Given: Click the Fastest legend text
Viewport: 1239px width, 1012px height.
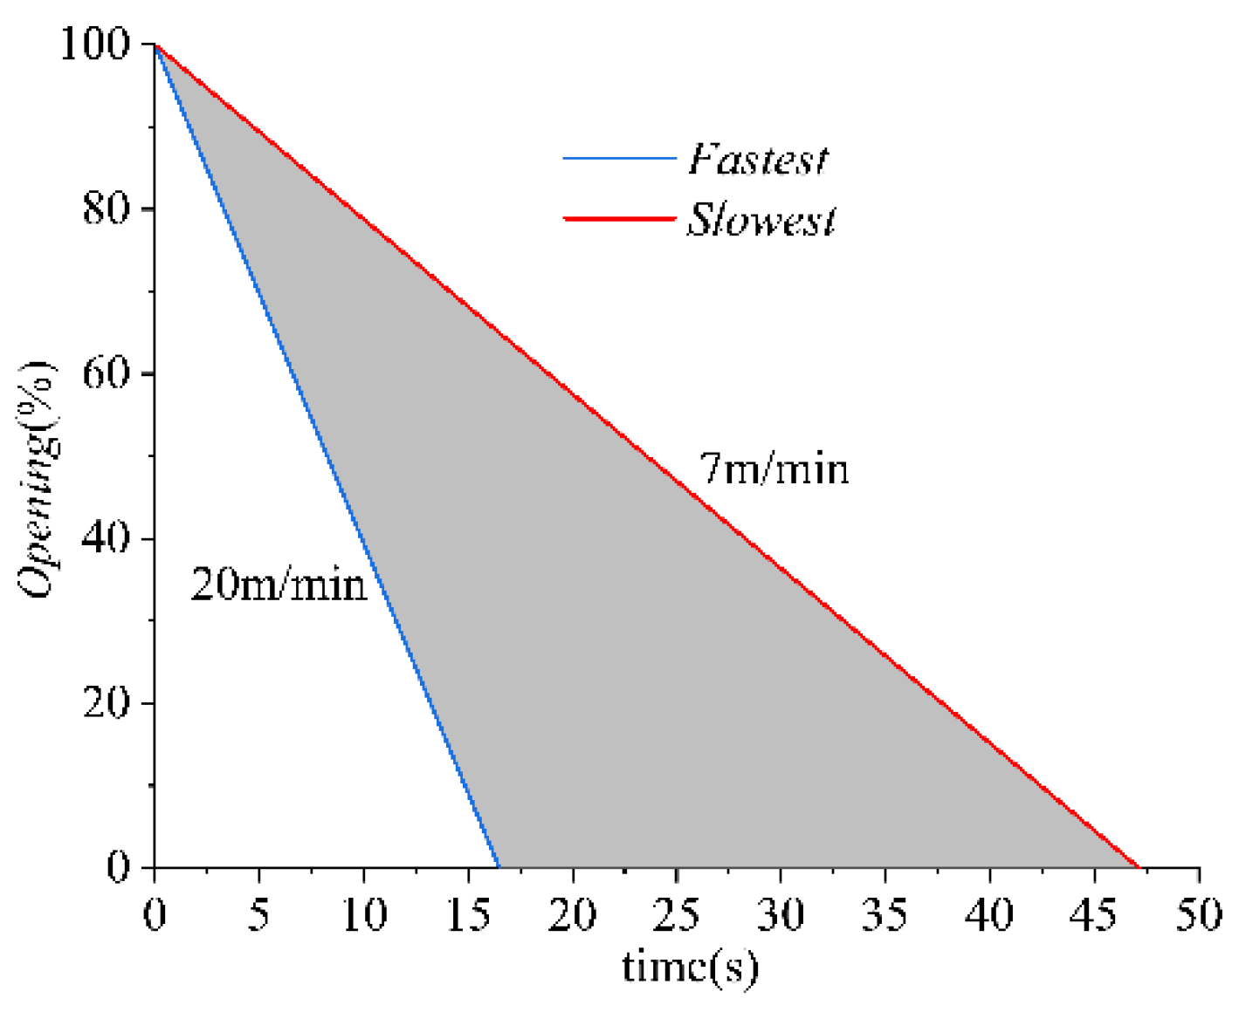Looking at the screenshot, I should click(757, 160).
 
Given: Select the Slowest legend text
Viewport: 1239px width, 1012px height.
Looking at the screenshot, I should click(761, 219).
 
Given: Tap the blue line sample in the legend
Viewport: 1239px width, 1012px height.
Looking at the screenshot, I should click(619, 159).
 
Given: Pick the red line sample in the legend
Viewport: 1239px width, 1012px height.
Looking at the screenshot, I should click(619, 218).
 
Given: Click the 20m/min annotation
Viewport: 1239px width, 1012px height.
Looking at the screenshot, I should click(279, 585).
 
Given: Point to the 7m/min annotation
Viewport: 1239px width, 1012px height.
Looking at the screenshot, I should click(774, 469).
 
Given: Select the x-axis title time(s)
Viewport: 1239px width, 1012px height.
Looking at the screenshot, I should click(690, 967).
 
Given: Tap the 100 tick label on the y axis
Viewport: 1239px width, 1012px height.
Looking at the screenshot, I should click(94, 44).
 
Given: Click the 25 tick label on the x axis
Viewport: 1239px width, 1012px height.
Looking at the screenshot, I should click(676, 914).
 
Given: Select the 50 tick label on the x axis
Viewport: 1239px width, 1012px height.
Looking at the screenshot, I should click(1198, 914).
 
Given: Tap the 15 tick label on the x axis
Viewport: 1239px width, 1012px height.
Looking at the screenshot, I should click(467, 914).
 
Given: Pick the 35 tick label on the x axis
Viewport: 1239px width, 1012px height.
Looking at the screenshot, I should click(885, 914).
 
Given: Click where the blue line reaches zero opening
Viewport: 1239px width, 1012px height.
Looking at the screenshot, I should click(499, 866).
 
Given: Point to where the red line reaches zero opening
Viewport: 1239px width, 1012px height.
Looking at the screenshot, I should click(1139, 866).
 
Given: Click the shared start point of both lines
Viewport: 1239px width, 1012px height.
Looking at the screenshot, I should click(155, 44).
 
